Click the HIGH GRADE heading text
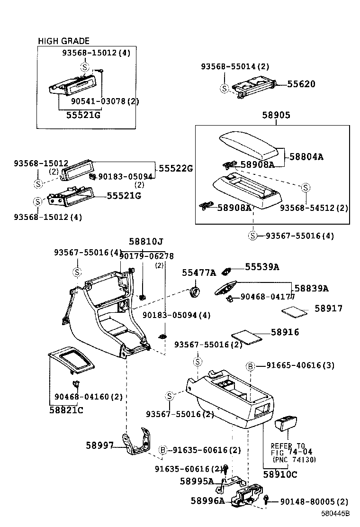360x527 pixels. click(x=63, y=41)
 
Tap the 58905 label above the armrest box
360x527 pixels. click(x=276, y=115)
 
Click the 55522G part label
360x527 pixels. click(x=176, y=168)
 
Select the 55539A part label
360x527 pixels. click(x=261, y=267)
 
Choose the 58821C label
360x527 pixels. click(x=66, y=410)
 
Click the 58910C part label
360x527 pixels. click(x=280, y=474)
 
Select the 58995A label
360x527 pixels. click(x=197, y=481)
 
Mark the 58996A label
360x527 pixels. click(x=207, y=500)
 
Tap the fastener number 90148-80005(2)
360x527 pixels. click(x=314, y=501)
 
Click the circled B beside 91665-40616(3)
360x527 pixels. click(x=251, y=366)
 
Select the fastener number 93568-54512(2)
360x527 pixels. click(x=314, y=208)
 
